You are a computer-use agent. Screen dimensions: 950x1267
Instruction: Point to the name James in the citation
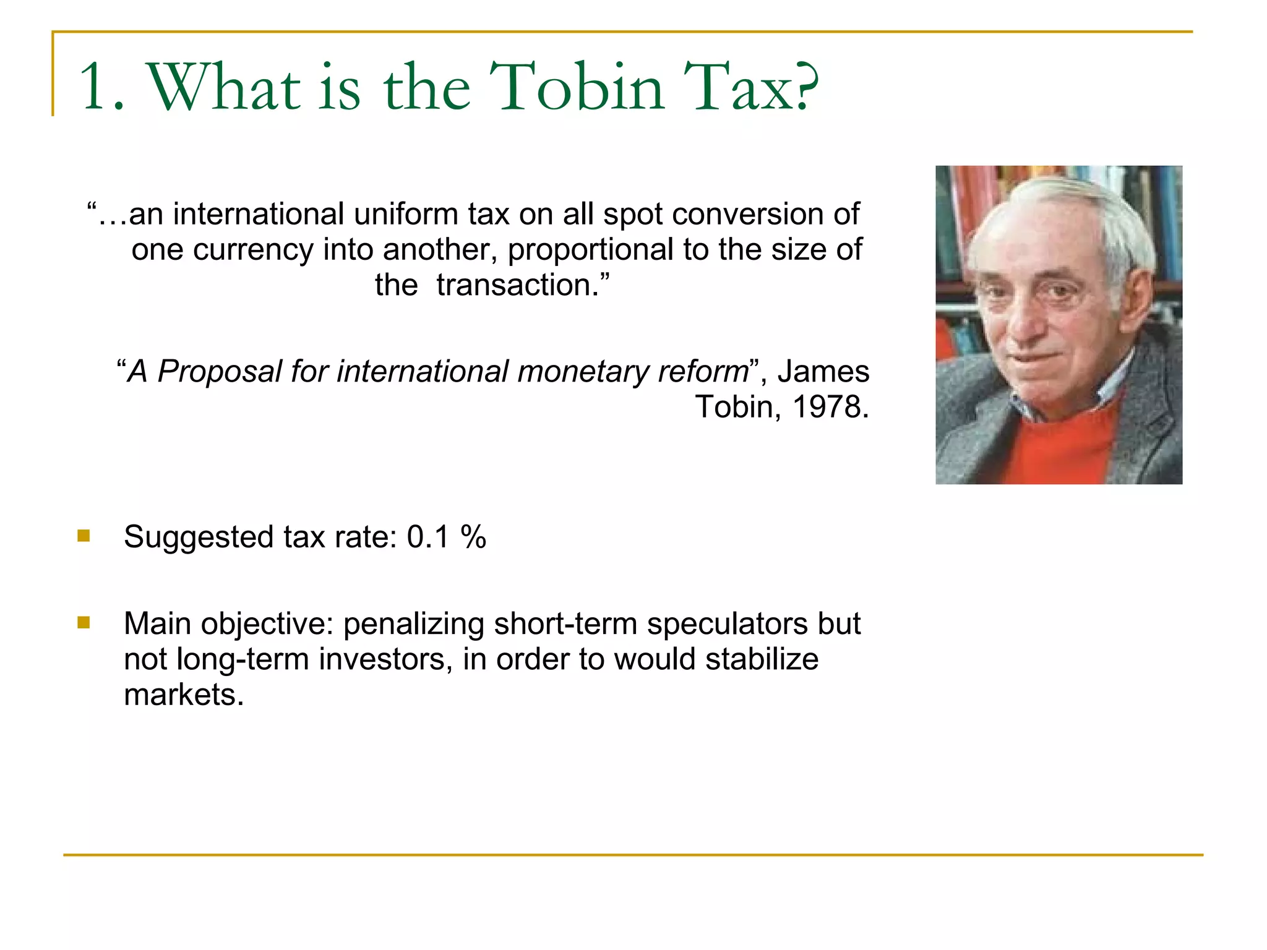[x=823, y=372]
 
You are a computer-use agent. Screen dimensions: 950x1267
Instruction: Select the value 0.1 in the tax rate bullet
[x=427, y=537]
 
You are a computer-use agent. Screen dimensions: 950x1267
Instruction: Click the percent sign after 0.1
[x=473, y=537]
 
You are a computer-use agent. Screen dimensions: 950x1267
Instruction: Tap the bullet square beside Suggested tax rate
[x=84, y=536]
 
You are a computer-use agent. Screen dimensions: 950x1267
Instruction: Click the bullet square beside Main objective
[x=84, y=622]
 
